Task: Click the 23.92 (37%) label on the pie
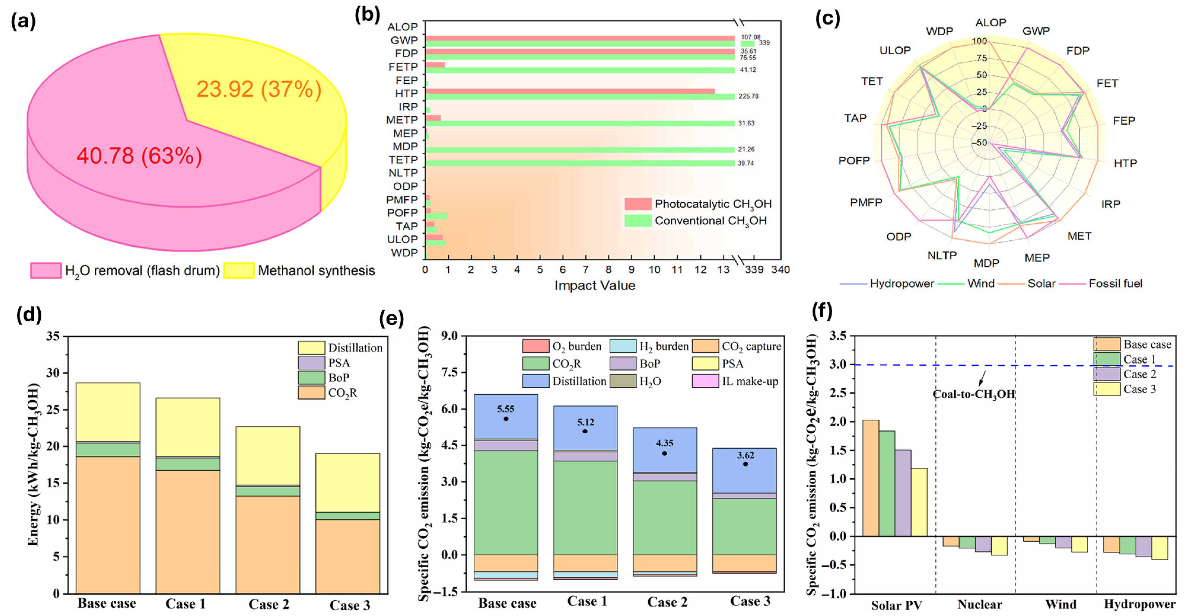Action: point(259,89)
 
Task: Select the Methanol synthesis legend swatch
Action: point(239,271)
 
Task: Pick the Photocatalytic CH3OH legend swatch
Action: point(638,204)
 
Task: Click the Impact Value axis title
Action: point(594,286)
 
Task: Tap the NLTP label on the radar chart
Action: point(942,255)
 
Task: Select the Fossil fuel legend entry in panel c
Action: point(1115,283)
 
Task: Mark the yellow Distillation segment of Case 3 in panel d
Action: point(347,482)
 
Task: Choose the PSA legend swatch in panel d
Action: point(311,362)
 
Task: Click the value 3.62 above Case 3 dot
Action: point(746,456)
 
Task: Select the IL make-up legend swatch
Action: point(705,381)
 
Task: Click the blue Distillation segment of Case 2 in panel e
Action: point(665,450)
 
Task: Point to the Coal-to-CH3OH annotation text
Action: point(974,394)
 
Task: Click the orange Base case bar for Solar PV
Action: point(871,478)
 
